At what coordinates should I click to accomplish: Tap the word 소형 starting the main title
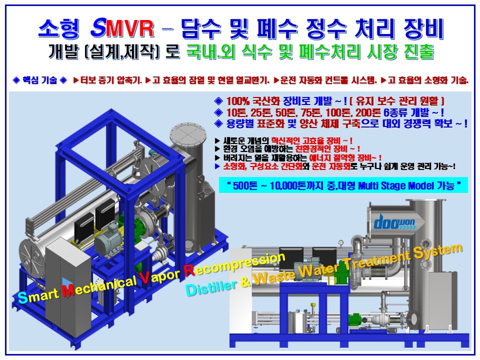(59, 28)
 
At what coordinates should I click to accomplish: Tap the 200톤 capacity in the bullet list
(368, 112)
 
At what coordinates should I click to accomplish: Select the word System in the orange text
(438, 252)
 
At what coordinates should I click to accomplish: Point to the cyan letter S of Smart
(22, 297)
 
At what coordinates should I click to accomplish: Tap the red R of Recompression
(189, 269)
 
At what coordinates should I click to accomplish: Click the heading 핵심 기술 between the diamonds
(40, 80)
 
